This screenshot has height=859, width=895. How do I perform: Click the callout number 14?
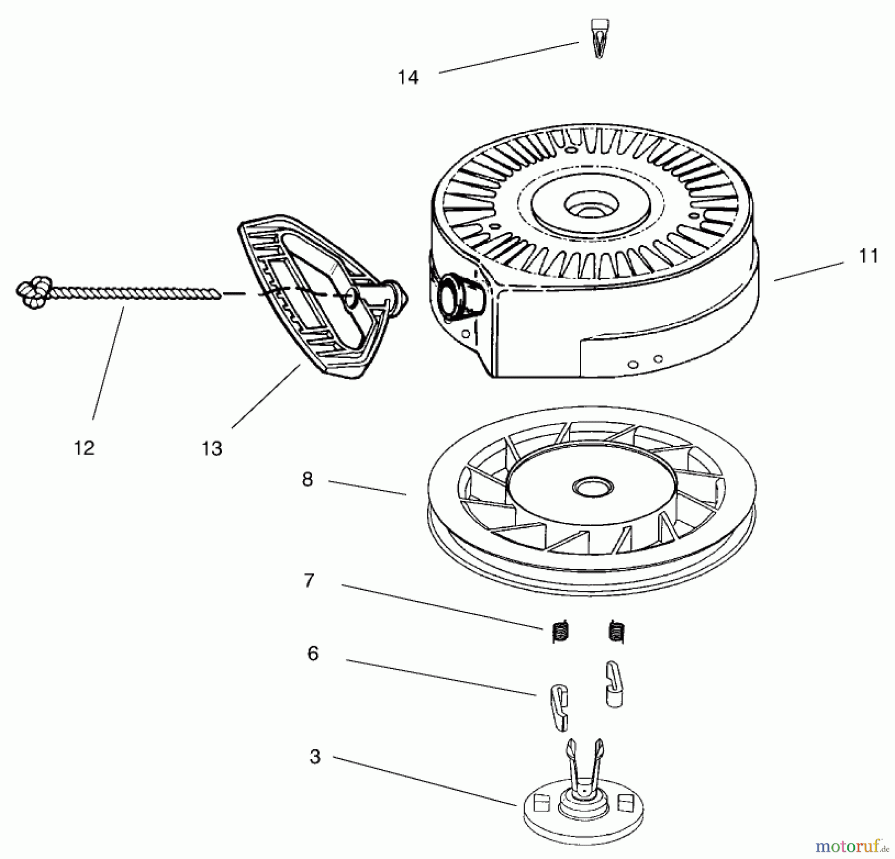(408, 78)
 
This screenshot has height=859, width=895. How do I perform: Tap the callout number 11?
(869, 256)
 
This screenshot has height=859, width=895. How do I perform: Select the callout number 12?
(84, 448)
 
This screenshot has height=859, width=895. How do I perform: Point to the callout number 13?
(212, 449)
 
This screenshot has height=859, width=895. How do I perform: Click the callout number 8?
(307, 479)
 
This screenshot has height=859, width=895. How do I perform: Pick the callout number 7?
(309, 580)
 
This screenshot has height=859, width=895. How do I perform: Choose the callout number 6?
(313, 654)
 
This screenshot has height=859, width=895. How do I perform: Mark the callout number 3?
(314, 757)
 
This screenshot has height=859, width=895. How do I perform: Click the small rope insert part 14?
(599, 39)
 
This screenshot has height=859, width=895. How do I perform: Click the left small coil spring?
(560, 632)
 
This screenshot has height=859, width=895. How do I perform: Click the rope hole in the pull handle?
(351, 297)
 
